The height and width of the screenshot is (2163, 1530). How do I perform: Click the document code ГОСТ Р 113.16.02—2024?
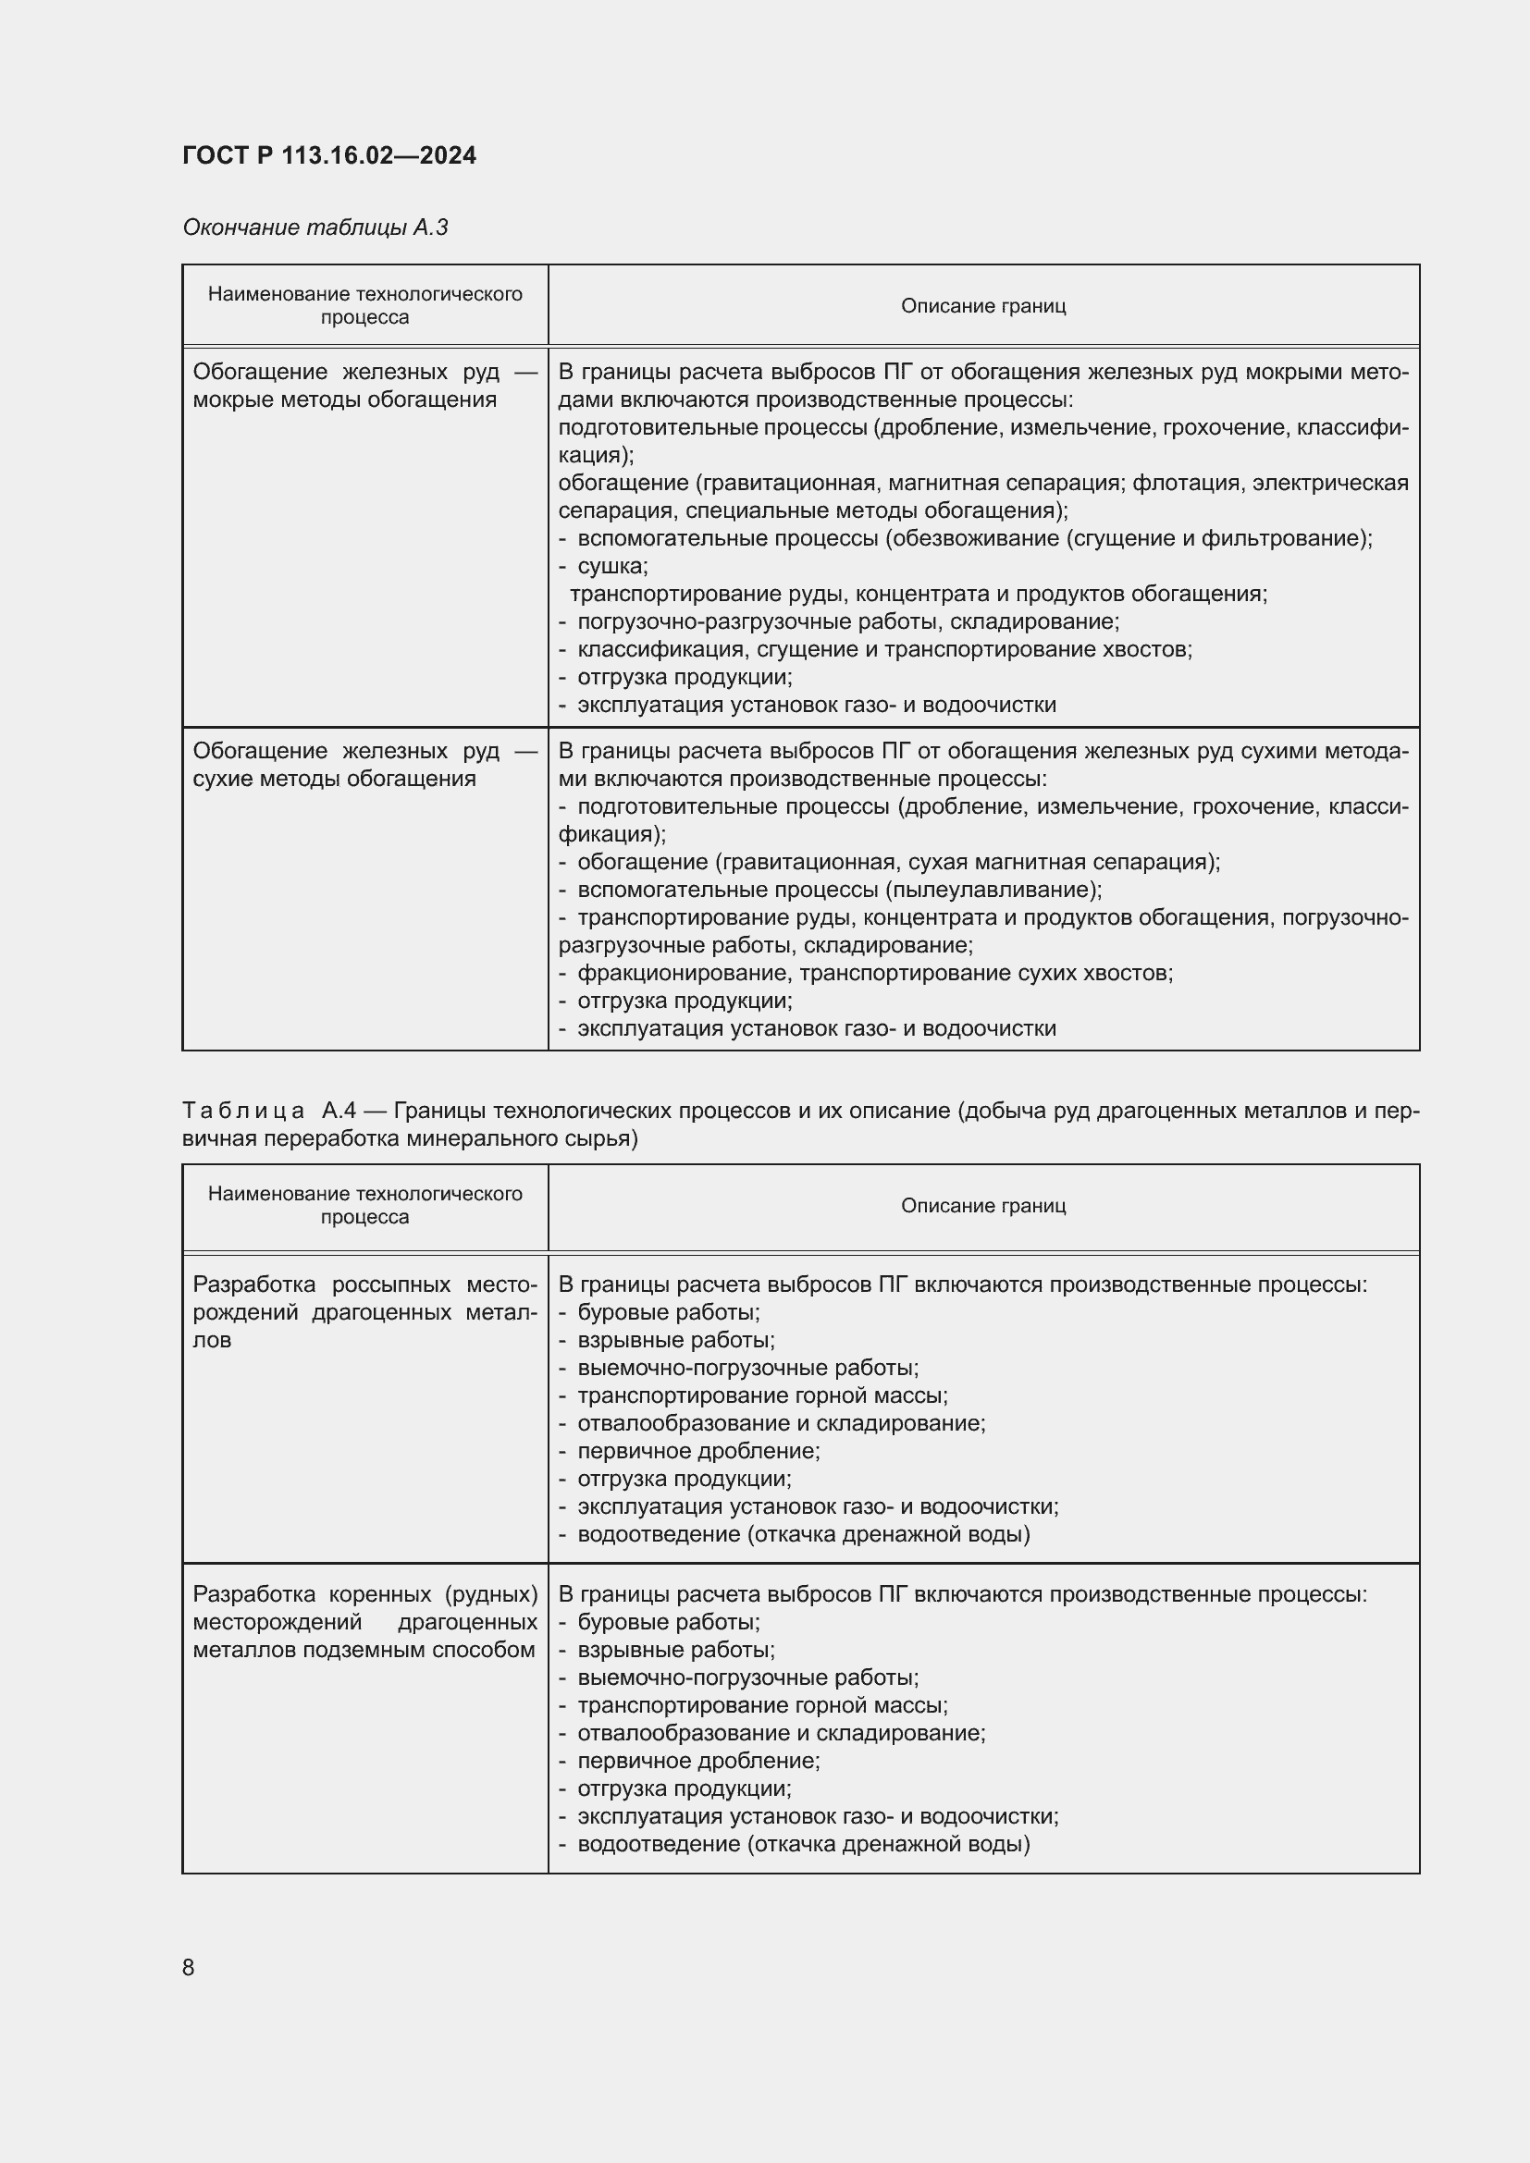click(328, 155)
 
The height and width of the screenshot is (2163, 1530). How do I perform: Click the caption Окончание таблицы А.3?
click(315, 227)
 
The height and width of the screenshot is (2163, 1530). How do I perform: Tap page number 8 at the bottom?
click(189, 1967)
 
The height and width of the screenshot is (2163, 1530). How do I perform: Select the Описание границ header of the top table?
click(982, 305)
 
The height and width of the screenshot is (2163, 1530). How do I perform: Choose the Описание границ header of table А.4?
click(982, 1206)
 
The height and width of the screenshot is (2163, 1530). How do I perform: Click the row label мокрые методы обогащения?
click(344, 399)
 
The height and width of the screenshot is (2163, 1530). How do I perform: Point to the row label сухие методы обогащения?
click(334, 778)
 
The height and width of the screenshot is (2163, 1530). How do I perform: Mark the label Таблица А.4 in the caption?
click(268, 1111)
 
